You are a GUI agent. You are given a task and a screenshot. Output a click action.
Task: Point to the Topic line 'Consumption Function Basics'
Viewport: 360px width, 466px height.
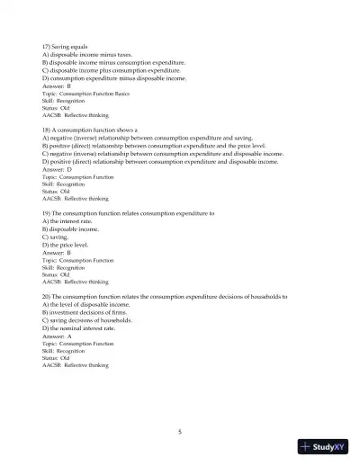point(85,94)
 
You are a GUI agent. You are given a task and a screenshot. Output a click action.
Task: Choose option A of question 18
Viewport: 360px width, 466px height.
point(153,139)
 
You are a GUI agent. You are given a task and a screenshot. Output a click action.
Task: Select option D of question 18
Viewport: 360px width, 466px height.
point(159,162)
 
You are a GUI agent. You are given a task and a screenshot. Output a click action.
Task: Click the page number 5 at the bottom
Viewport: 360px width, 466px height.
point(180,432)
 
